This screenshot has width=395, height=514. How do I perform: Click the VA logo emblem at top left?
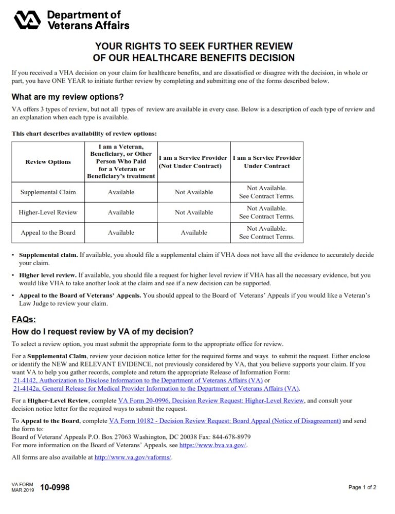point(29,20)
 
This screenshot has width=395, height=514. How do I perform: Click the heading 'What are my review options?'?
point(67,97)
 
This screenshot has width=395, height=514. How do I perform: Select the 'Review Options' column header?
point(48,162)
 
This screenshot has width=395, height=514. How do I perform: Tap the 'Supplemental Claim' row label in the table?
point(48,192)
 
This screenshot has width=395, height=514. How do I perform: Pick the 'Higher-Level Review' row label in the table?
point(48,212)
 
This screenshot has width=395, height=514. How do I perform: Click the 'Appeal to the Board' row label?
point(48,233)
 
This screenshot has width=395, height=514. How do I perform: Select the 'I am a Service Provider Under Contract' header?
point(266,162)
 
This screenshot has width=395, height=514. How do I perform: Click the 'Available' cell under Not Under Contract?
point(194,233)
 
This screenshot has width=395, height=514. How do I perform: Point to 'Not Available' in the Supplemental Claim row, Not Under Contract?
point(194,192)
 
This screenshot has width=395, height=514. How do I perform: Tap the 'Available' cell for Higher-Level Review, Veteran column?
point(121,212)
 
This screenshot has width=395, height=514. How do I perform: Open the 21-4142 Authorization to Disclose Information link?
point(138,380)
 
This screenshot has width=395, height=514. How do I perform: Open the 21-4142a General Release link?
point(156,389)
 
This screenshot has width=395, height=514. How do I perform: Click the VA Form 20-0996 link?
point(211,400)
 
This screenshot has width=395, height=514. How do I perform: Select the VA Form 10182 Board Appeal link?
point(225,421)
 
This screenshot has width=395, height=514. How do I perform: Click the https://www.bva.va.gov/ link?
point(213,446)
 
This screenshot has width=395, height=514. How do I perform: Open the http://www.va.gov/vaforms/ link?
point(133,457)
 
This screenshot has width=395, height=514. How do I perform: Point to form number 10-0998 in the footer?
point(55,487)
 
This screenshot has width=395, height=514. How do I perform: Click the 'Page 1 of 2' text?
point(362,487)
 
